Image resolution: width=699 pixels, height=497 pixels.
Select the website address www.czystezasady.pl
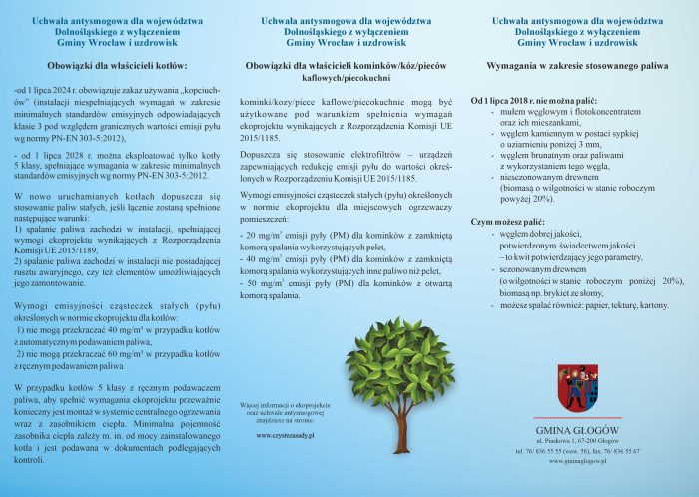pos(285,436)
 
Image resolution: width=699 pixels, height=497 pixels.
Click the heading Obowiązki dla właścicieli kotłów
pos(117,65)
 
